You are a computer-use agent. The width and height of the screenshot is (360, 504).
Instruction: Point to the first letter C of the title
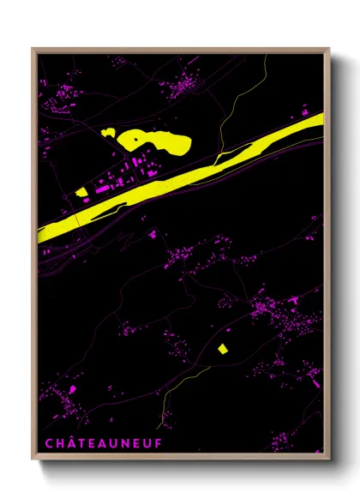(x=46, y=443)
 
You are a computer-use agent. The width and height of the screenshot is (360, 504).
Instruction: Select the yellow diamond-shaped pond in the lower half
(x=223, y=348)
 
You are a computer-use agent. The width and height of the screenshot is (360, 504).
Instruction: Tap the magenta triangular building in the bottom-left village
(x=71, y=390)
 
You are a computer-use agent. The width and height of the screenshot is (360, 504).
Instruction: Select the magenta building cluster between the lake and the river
(x=129, y=171)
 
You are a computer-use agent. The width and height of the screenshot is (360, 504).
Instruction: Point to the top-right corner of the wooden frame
(x=329, y=49)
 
